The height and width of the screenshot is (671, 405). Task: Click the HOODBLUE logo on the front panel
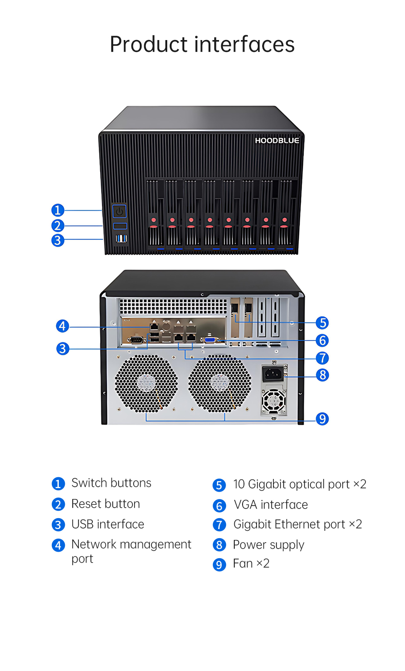coord(277,140)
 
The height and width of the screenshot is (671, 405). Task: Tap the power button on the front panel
coord(120,212)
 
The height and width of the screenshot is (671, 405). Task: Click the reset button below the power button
coord(120,226)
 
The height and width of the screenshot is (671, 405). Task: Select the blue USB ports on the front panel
coord(121,238)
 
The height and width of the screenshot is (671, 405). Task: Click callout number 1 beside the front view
coord(58,210)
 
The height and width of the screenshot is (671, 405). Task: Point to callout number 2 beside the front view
coord(58,226)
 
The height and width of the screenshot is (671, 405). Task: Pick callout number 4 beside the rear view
coord(63,326)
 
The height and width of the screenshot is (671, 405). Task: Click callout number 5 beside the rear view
coord(322,323)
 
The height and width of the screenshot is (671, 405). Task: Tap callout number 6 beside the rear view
coord(322,340)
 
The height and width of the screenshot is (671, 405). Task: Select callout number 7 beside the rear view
coord(322,358)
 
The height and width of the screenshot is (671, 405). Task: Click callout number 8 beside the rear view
coord(322,375)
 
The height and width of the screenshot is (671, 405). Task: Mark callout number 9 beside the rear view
coord(322,419)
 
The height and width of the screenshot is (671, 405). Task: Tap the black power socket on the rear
coord(273,374)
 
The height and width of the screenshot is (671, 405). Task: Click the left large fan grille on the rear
coord(146,383)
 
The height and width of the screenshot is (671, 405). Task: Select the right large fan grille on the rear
coord(219,383)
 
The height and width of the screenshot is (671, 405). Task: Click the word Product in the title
coord(148,44)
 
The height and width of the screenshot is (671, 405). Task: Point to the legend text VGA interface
coord(270,505)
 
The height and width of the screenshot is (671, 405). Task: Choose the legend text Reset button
coord(105,504)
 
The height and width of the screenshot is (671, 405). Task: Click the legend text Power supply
coord(268,545)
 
